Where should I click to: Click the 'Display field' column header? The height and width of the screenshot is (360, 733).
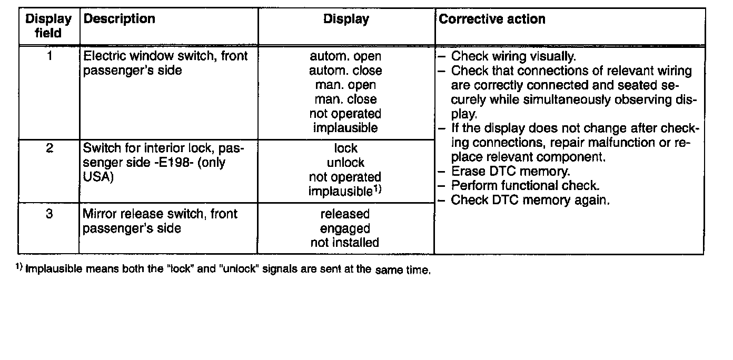pos(48,26)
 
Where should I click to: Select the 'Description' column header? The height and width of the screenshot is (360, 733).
pos(120,19)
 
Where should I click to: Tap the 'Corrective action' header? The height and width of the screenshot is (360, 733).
pos(492,19)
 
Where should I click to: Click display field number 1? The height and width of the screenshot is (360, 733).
pos(49,56)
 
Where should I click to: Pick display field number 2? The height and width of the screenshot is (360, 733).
pos(49,148)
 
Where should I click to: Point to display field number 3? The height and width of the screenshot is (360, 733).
pos(49,214)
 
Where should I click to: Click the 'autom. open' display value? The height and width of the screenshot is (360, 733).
pos(345,56)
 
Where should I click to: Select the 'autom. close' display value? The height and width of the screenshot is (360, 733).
pos(345,71)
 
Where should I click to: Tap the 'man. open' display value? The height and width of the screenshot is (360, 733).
pos(345,85)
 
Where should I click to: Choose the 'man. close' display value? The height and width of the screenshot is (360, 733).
pos(345,99)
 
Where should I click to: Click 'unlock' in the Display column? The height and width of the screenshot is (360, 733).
pos(345,163)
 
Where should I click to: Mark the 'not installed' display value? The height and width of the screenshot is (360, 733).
pos(345,243)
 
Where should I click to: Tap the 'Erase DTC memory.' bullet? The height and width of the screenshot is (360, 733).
pos(510,172)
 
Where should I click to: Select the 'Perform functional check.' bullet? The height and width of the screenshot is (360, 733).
pos(525,186)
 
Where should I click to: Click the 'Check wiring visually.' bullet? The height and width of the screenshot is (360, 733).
pos(513,56)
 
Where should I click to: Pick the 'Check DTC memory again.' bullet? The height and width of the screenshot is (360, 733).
pos(530,200)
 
